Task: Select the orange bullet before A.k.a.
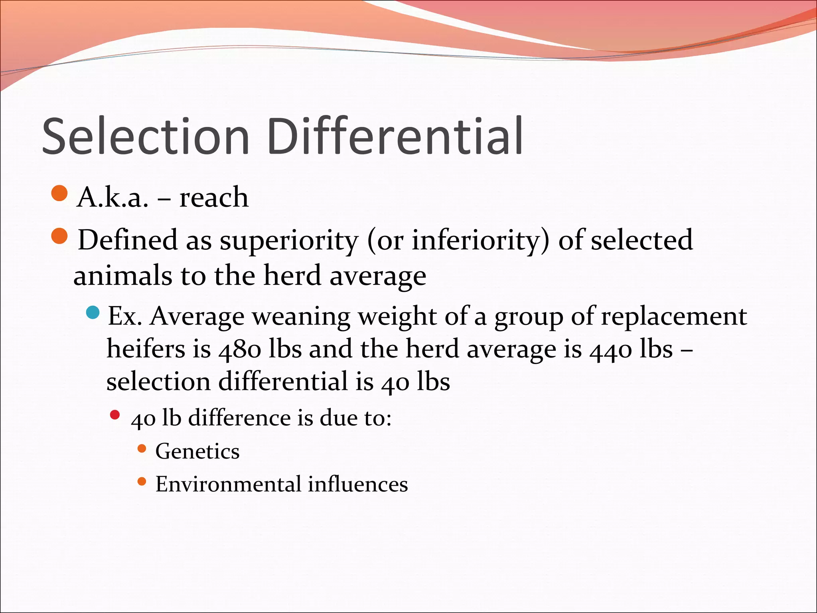pos(60,194)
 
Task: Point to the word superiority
pos(289,241)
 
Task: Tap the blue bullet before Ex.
pos(93,312)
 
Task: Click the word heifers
pos(146,349)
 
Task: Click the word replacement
pos(674,317)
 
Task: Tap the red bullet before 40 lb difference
pos(115,415)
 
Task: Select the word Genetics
pos(197,451)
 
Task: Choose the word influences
pos(358,484)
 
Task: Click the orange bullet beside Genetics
pos(142,449)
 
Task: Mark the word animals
pos(123,276)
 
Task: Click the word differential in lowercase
pos(283,381)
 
